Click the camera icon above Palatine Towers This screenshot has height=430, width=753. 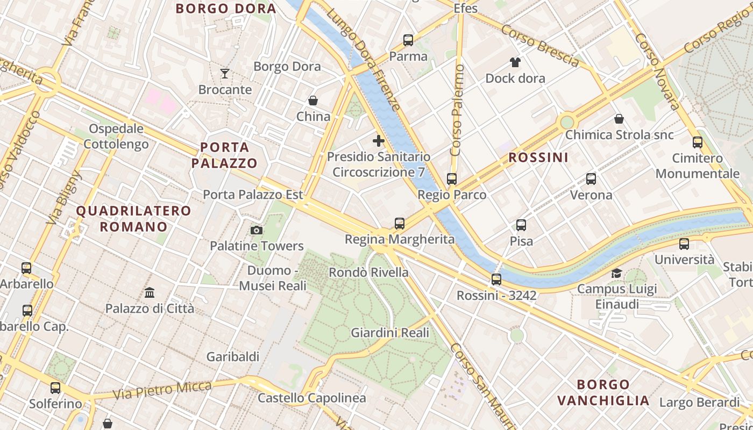coord(257,231)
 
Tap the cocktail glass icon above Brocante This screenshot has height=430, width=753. coord(225,73)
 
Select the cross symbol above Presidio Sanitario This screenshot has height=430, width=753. coord(379,141)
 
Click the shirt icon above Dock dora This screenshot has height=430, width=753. coord(515,62)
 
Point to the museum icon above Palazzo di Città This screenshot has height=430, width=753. coord(150,293)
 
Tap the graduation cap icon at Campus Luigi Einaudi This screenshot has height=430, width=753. coord(616,273)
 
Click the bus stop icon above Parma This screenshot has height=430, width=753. coord(408,40)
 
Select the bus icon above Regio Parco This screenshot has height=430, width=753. coord(452,179)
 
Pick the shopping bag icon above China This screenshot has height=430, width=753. coord(313,101)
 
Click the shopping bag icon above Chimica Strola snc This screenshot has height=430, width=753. coord(619,119)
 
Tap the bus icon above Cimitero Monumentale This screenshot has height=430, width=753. coord(698,142)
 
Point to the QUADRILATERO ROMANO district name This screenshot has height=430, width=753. coord(134,218)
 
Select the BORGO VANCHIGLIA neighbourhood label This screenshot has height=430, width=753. coord(603,392)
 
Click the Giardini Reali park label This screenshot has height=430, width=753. coord(390,333)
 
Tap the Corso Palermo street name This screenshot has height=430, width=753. coord(458,111)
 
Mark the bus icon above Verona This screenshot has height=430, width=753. coord(591,179)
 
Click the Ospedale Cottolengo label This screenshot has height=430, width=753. coord(116,137)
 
